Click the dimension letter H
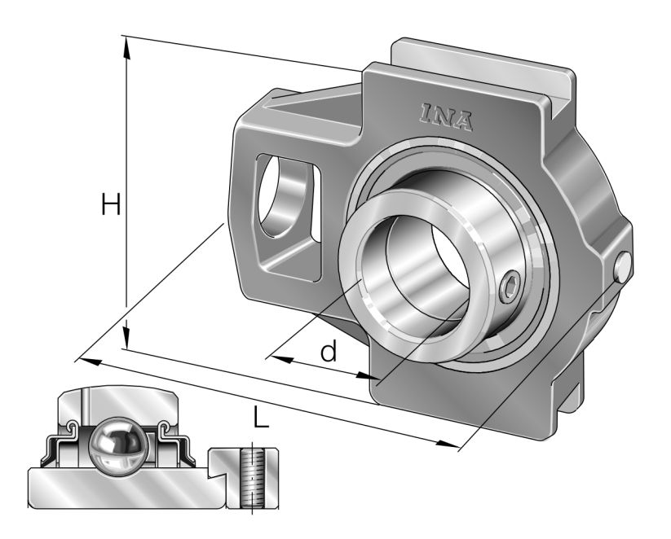pyautogui.click(x=111, y=206)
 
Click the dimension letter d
pyautogui.click(x=328, y=352)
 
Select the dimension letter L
pyautogui.click(x=259, y=418)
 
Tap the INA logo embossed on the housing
pyautogui.click(x=446, y=116)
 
